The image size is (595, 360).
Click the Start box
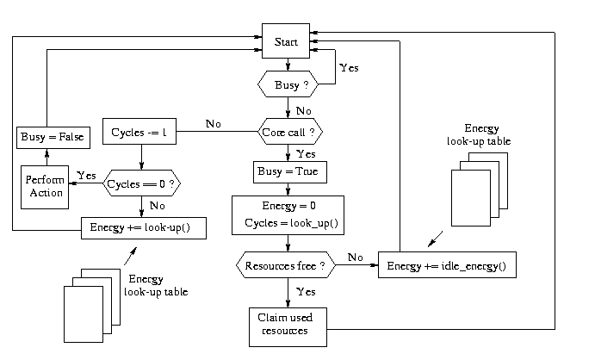(286, 42)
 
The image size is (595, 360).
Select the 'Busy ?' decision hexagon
(287, 84)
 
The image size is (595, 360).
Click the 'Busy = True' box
(288, 172)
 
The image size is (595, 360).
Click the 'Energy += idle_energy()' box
(452, 266)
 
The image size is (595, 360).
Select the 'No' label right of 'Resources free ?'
(353, 257)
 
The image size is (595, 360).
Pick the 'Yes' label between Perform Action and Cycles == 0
(86, 174)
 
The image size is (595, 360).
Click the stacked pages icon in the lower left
(89, 303)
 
